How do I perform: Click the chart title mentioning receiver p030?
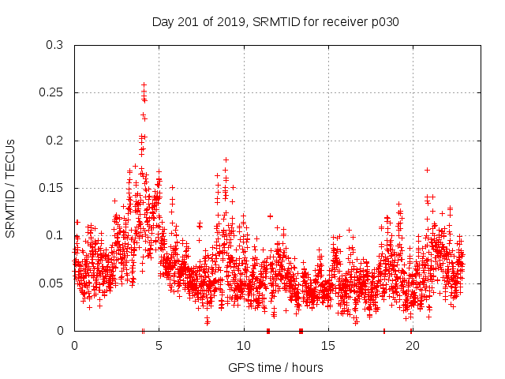coord(275,22)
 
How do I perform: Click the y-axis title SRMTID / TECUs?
coord(10,187)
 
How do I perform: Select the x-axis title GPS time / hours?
coord(275,367)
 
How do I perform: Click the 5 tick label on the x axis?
coord(159,346)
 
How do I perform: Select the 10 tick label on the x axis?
coord(243,346)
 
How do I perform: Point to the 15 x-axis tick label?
coord(327,346)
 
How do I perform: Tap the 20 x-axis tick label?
coord(412,346)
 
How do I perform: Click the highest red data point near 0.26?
coord(144,84)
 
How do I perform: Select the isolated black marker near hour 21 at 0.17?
coord(427,170)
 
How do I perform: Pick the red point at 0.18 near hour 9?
coord(226,159)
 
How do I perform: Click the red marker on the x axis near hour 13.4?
coord(301,331)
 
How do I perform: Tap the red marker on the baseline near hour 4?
coord(143,331)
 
